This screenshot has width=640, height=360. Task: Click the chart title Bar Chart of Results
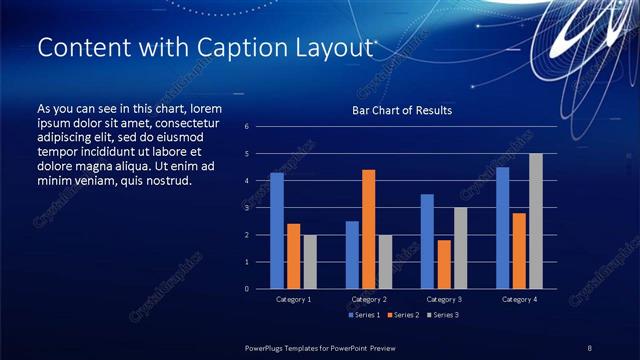coord(401,110)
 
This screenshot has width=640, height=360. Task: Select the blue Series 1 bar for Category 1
coord(277,231)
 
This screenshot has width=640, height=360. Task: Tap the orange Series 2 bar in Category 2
coord(368,229)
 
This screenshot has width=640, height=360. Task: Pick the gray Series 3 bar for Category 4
coord(535,221)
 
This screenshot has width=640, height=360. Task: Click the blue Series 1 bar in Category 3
coord(427,241)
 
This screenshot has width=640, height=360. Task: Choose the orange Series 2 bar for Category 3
coord(443,264)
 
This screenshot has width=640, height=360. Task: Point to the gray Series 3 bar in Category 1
coord(309,261)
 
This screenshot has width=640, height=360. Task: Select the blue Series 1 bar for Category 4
coord(503,228)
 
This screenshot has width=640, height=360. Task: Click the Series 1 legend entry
coord(364,314)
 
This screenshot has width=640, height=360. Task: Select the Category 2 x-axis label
coord(368,299)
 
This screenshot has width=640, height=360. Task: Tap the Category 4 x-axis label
coord(518,299)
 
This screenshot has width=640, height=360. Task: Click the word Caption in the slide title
coord(221,47)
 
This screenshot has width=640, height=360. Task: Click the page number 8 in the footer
coord(589,347)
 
